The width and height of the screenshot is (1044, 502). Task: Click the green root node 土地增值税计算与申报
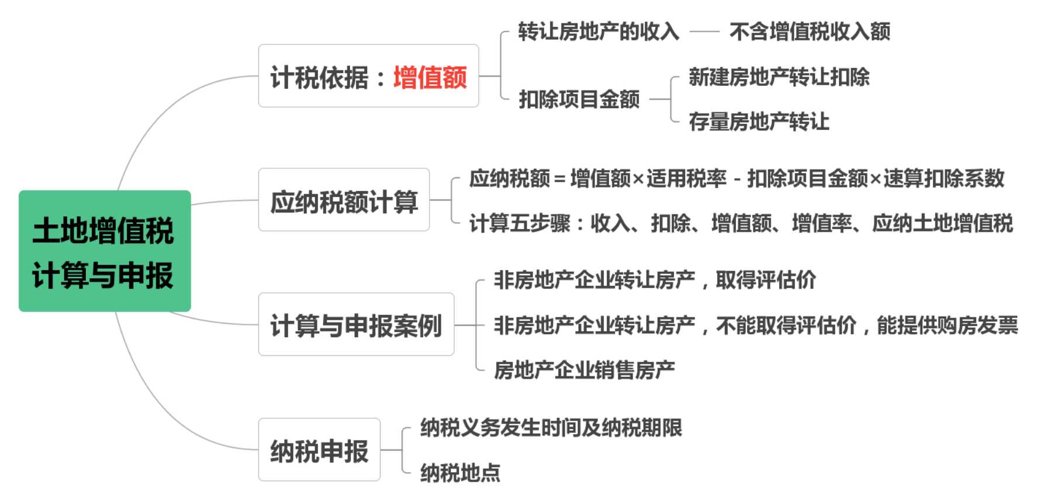pos(105,251)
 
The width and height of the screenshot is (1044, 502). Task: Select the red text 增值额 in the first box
pos(430,77)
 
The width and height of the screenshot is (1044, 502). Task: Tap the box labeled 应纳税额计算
pos(344,200)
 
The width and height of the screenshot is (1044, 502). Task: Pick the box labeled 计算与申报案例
pos(356,325)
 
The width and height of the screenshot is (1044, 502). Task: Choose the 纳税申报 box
pos(319,450)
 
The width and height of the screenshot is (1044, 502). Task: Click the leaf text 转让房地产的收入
pos(599,32)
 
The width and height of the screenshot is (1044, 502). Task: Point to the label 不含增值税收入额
pos(810,32)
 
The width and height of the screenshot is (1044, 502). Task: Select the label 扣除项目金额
pos(579,99)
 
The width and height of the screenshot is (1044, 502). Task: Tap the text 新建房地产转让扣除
pos(779,77)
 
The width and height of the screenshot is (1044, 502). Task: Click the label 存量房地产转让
pos(759,122)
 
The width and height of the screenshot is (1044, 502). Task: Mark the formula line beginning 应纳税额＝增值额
pos(737,178)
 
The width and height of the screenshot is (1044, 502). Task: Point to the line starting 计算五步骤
pos(741,223)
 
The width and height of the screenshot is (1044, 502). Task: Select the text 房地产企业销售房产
pos(585,370)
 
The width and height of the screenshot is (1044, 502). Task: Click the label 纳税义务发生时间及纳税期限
pos(551,428)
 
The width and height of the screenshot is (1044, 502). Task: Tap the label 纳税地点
pos(460,473)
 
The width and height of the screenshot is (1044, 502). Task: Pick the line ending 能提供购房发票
pos(756,325)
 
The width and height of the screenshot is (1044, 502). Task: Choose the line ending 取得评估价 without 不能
pos(655,280)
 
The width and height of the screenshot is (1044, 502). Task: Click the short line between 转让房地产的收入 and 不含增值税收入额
pos(704,32)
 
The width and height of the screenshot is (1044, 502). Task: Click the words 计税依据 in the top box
pos(319,77)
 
